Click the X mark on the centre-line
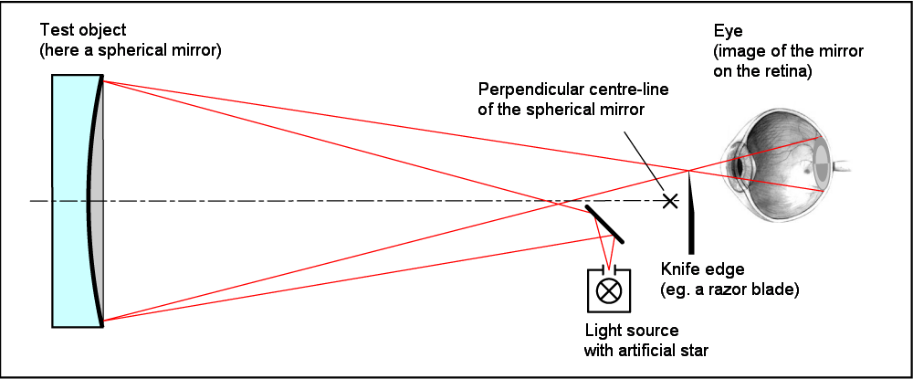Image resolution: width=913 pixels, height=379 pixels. tap(670, 200)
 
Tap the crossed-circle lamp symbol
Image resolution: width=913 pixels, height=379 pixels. tap(607, 291)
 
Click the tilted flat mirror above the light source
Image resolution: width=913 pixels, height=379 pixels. tap(603, 223)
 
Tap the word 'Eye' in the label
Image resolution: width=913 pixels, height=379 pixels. tap(725, 30)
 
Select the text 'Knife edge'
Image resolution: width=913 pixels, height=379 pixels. tap(702, 270)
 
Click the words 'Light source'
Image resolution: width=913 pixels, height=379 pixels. tap(632, 330)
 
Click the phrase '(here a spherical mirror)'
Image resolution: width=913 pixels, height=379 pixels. tap(131, 49)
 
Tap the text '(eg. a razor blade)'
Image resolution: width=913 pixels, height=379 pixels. tap(729, 290)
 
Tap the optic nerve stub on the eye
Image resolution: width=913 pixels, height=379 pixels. tap(844, 167)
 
